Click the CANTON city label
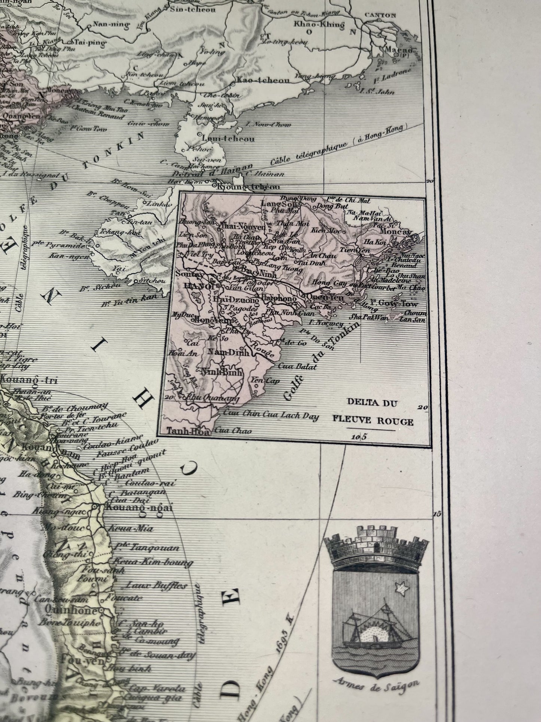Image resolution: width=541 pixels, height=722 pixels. coord(380,15)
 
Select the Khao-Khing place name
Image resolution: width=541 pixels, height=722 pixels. coord(319,25)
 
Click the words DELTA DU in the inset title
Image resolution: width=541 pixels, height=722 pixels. coord(373,404)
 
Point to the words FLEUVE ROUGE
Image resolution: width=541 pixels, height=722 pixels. coord(373,422)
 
